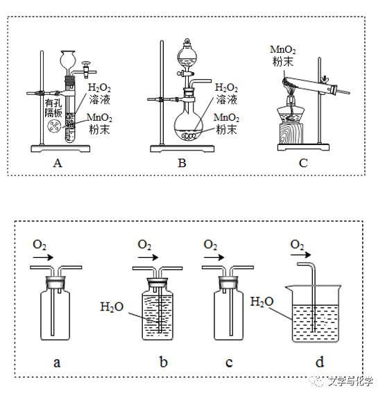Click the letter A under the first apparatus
point(58,163)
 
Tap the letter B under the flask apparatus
point(182,163)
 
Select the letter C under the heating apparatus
point(303,163)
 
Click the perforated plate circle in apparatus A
point(54,126)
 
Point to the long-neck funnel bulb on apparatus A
point(68,58)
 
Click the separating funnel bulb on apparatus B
point(187,55)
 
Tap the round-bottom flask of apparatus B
point(189,126)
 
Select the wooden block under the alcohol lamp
point(291,134)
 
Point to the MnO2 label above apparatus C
point(282,50)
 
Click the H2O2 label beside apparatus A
point(99,88)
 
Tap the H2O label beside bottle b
point(112,306)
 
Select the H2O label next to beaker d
point(262,302)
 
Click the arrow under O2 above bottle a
point(43,258)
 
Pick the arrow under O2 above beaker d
point(300,254)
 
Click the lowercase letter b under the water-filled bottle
point(164,362)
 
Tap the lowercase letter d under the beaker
point(320,362)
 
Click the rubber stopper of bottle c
point(228,282)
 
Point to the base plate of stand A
point(60,148)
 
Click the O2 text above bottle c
point(210,245)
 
